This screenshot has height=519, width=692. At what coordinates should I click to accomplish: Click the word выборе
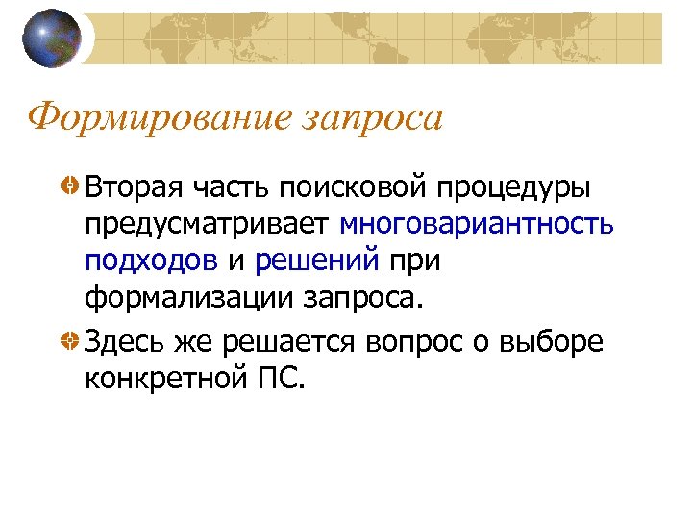click(x=559, y=342)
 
